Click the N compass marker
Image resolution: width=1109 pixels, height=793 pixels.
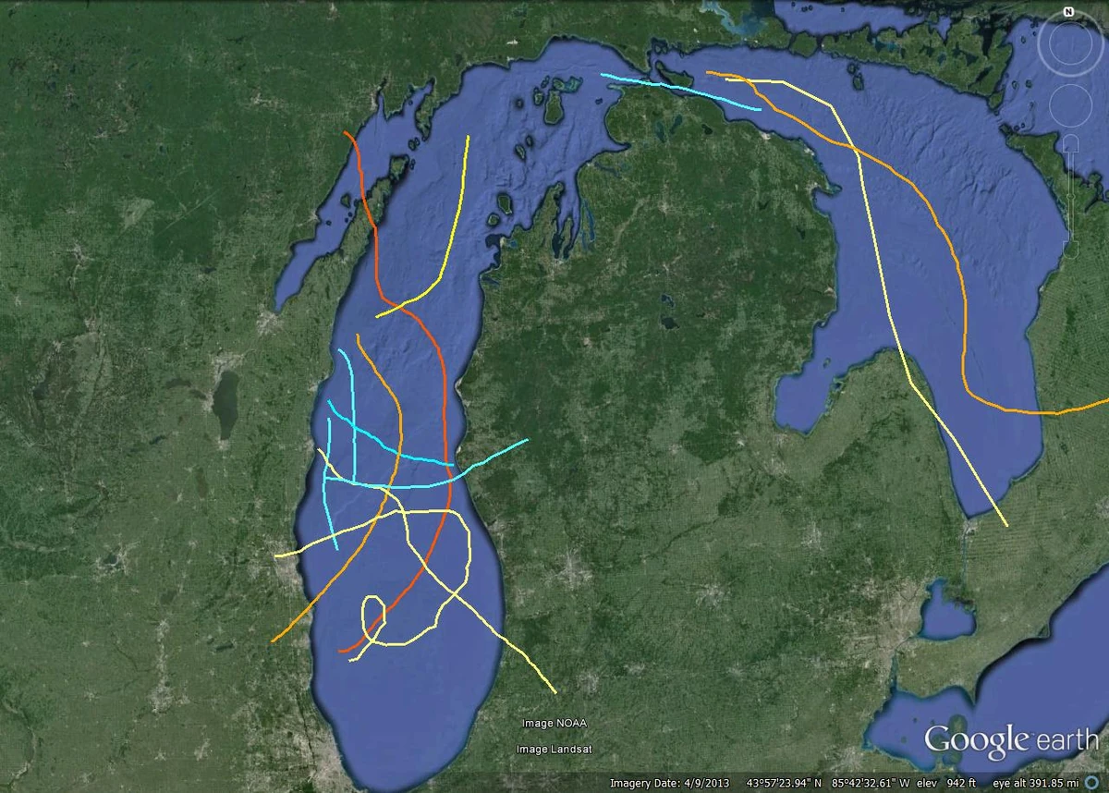pyautogui.click(x=1067, y=12)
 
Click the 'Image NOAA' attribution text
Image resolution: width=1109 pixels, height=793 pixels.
pyautogui.click(x=554, y=723)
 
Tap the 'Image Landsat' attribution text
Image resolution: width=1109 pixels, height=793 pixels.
pyautogui.click(x=554, y=749)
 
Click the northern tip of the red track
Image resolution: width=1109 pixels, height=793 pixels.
pyautogui.click(x=346, y=133)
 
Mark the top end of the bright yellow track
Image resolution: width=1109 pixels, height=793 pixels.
pyautogui.click(x=469, y=138)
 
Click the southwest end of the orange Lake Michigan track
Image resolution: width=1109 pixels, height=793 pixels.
pyautogui.click(x=274, y=640)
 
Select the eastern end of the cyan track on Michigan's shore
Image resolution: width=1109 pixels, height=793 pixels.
pyautogui.click(x=527, y=440)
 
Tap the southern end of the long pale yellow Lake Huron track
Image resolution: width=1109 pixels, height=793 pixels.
pyautogui.click(x=1006, y=525)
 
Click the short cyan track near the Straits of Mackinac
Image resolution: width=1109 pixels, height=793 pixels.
pyautogui.click(x=679, y=91)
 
